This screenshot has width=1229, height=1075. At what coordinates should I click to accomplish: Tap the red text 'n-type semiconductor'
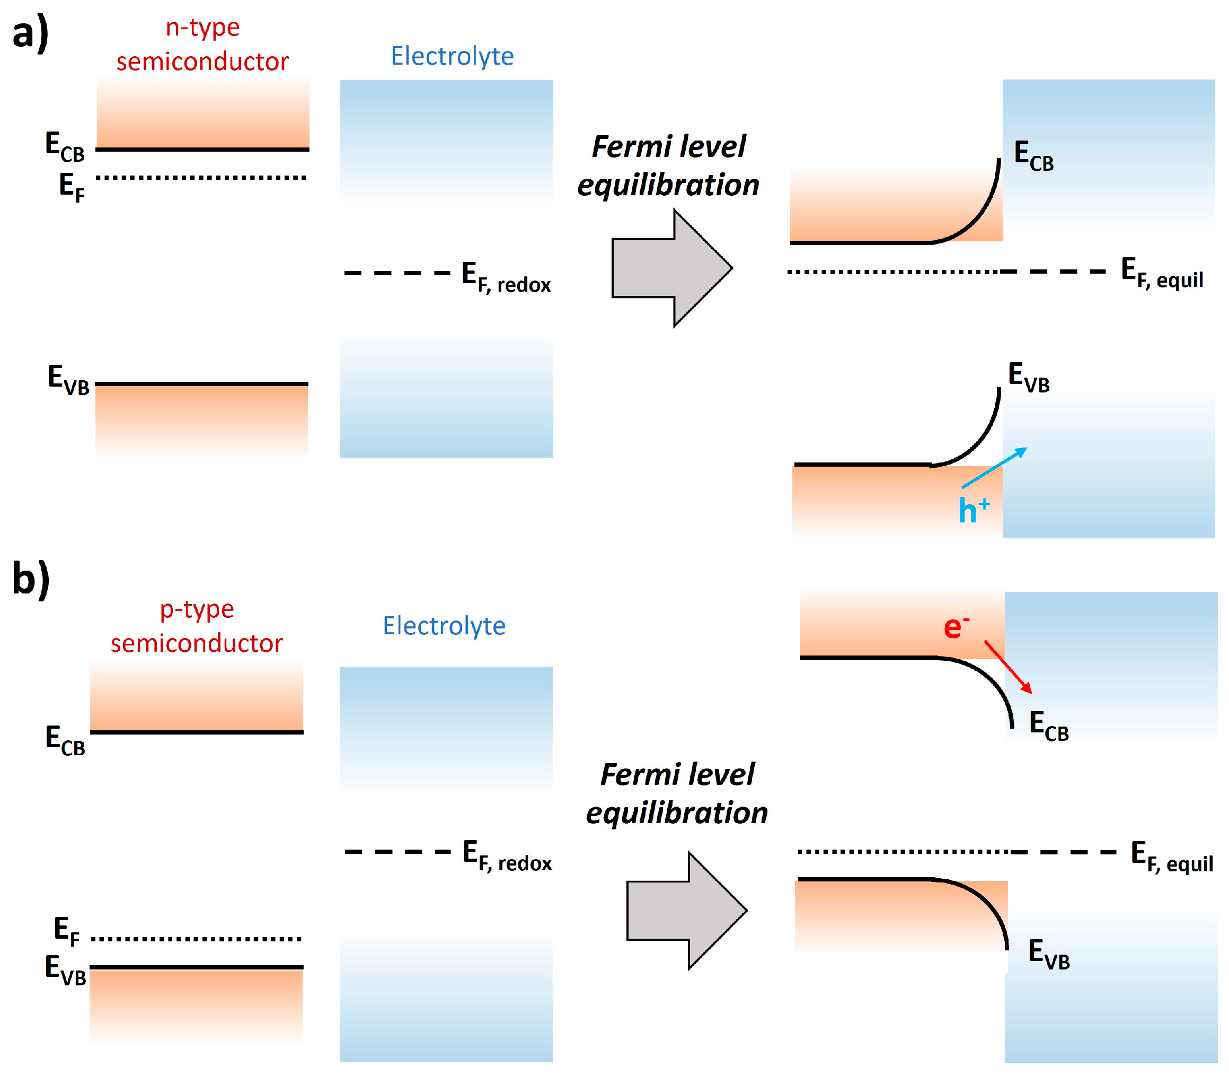click(202, 45)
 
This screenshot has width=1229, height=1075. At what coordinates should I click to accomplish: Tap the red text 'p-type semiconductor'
click(197, 626)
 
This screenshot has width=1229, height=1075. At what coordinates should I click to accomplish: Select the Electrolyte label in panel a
click(452, 56)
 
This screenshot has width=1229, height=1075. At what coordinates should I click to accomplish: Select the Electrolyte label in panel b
click(444, 626)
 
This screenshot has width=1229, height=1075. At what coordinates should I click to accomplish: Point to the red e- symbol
click(956, 627)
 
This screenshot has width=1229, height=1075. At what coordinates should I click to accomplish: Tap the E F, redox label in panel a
click(506, 278)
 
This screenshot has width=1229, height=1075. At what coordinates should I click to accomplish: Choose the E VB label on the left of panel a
click(68, 380)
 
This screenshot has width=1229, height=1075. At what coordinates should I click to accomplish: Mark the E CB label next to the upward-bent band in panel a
click(1033, 155)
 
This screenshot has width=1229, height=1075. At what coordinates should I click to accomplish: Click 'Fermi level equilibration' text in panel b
click(676, 793)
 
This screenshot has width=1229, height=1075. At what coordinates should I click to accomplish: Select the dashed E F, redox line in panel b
click(397, 852)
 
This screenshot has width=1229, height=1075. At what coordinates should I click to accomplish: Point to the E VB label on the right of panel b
click(1049, 955)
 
